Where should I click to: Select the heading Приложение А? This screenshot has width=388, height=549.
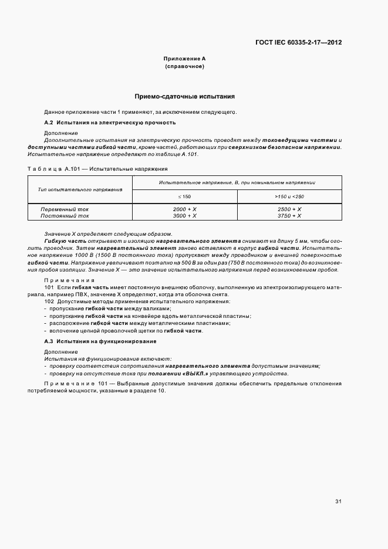click(184, 59)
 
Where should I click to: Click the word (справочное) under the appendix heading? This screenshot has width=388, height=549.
click(184, 67)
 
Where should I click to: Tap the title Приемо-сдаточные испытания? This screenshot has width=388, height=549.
click(185, 96)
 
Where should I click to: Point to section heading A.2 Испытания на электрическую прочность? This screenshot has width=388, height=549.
click(110, 123)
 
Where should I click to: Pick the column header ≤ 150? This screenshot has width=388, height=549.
click(184, 196)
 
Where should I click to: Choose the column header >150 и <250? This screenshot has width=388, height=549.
click(289, 196)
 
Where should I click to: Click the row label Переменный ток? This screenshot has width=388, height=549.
click(65, 209)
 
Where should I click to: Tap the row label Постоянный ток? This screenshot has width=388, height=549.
click(65, 215)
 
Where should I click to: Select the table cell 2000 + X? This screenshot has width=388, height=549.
click(184, 209)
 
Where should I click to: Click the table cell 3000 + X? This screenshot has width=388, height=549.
click(184, 215)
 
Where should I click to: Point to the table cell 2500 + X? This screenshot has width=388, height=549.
click(289, 209)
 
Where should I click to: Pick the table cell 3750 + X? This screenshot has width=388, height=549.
click(289, 215)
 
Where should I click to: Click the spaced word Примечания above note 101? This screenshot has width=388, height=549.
click(65, 280)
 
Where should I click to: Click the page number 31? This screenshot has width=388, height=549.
click(338, 501)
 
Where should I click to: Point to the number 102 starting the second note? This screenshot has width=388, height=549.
click(49, 301)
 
